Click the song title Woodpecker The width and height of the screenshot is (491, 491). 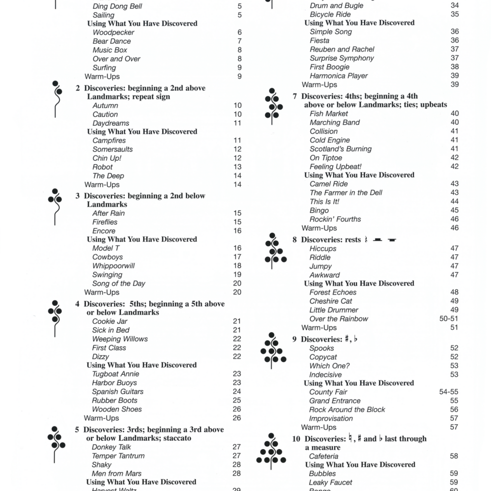(x=113, y=32)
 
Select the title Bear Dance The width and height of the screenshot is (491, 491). (x=112, y=41)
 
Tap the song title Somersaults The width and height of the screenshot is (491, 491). (x=113, y=149)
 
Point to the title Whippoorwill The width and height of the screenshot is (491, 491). (x=114, y=266)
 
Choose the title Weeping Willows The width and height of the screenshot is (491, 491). (x=119, y=339)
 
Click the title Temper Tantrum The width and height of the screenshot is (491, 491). (x=118, y=456)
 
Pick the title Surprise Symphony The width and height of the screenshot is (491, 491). (x=342, y=58)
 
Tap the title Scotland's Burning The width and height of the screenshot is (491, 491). (x=341, y=149)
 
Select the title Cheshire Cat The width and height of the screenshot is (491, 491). (x=331, y=301)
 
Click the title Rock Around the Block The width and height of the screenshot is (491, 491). (x=347, y=410)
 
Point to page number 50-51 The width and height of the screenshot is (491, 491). (x=449, y=319)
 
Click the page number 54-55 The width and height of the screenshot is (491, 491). (x=449, y=392)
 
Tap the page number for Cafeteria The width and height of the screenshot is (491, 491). (x=454, y=456)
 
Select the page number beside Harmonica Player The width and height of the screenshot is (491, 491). (x=454, y=76)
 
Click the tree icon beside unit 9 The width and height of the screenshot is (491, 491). (x=273, y=350)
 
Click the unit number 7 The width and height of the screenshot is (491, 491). (x=294, y=96)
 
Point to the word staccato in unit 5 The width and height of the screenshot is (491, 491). (x=175, y=438)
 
